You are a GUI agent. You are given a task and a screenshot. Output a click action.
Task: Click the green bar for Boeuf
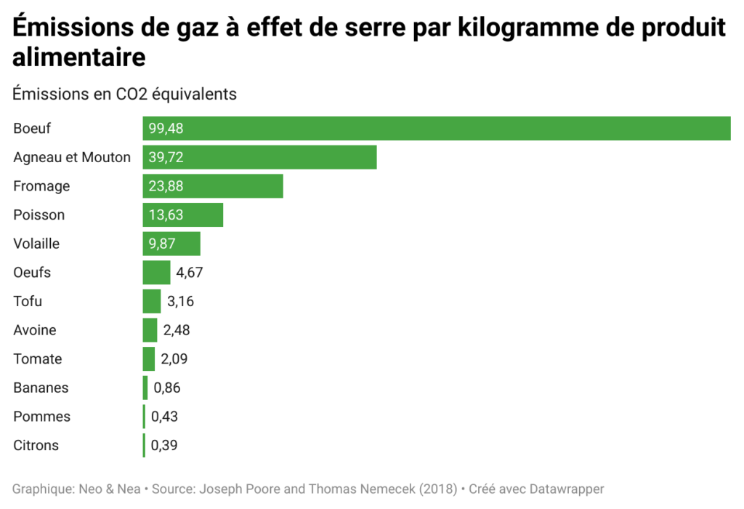pos(436,129)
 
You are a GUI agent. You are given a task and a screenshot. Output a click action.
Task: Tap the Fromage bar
pos(232,186)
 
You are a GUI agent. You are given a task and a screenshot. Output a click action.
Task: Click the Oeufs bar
pos(156,273)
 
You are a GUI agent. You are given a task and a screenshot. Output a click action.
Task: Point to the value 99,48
pos(166,129)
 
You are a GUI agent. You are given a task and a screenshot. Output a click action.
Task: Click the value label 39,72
pos(166,157)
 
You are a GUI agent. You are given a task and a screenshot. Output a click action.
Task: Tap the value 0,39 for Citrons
pos(164,445)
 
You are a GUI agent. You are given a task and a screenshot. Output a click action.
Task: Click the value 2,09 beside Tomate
pos(174,358)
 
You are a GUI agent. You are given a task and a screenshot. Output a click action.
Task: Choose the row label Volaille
pos(36,244)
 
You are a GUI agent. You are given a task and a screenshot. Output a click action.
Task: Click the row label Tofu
pos(28,301)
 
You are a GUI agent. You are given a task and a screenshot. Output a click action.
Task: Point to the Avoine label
pos(34,330)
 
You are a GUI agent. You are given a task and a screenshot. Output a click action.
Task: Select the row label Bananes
pos(41,388)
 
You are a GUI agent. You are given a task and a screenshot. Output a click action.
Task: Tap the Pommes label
pos(41,417)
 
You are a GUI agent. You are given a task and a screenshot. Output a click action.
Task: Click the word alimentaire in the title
pos(79,56)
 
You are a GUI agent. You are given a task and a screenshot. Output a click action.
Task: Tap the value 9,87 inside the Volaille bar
pos(163,244)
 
